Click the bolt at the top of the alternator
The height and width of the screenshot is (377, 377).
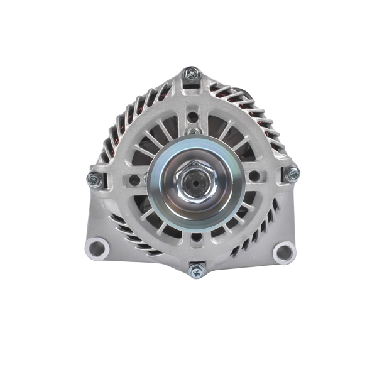(192, 74)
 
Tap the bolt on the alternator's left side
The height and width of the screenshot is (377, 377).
(95, 180)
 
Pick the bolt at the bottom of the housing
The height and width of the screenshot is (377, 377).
(197, 271)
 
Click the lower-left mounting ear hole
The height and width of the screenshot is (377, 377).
(97, 248)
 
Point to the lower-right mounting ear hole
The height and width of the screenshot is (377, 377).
(284, 253)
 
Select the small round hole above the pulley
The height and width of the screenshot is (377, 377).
(192, 117)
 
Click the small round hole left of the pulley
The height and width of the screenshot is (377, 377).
(134, 180)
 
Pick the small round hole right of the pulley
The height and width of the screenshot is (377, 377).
(255, 176)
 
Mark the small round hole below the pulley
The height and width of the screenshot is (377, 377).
(195, 237)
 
